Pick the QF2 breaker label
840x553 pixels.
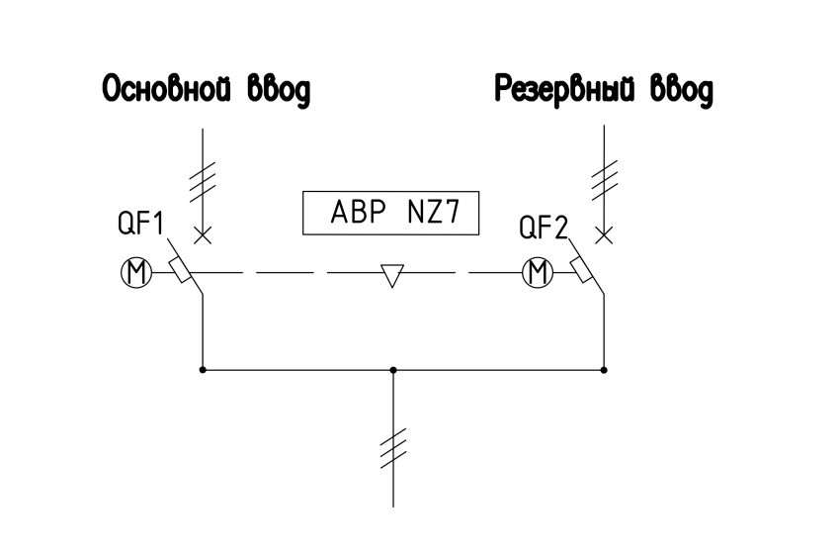pos(543,227)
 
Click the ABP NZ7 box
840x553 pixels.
pos(390,213)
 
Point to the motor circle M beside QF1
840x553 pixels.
pos(136,272)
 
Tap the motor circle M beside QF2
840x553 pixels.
pos(538,272)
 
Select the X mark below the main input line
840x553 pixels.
pos(203,234)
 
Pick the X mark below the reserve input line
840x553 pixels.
pos(604,234)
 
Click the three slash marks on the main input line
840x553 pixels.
pos(203,182)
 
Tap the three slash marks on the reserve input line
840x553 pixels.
pos(604,180)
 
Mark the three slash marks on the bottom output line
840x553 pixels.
pos(393,448)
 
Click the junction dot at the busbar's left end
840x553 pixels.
pos(203,370)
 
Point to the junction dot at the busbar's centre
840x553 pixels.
pos(393,370)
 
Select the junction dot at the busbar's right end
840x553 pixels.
pos(604,370)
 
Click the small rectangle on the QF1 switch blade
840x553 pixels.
pos(180,270)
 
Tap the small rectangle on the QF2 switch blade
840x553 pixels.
pos(581,270)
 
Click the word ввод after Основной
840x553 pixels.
pos(279,90)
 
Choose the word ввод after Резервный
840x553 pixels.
pos(682,90)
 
